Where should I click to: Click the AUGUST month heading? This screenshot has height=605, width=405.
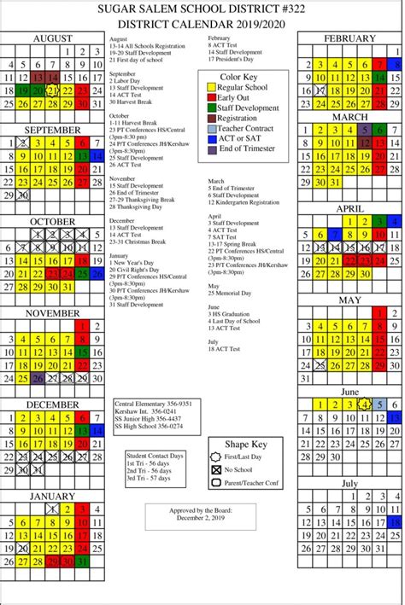(53, 39)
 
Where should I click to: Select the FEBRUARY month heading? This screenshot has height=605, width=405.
(349, 39)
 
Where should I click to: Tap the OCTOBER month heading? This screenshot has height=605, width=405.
(53, 222)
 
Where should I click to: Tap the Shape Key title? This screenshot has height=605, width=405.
(246, 445)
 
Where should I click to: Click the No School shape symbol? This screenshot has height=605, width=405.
(215, 469)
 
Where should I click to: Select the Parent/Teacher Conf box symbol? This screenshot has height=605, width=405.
(215, 483)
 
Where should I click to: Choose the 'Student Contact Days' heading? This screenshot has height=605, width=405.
(154, 456)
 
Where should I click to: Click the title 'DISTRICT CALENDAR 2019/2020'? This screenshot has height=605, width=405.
(202, 25)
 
